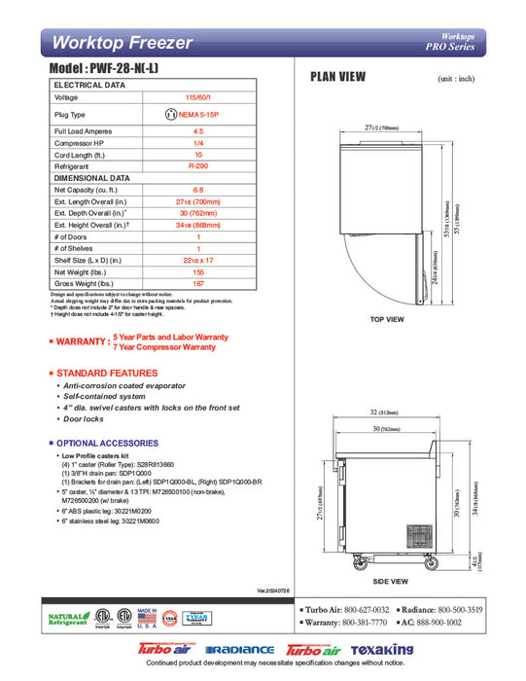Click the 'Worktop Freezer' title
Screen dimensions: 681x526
point(123,43)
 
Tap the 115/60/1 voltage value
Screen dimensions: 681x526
point(198,98)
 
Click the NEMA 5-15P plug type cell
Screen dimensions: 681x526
point(198,115)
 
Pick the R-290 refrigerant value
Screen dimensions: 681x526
point(198,167)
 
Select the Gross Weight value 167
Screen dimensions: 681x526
point(198,283)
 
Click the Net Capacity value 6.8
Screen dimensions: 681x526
point(198,190)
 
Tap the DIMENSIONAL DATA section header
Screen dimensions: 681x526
point(92,179)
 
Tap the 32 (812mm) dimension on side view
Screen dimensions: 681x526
point(388,413)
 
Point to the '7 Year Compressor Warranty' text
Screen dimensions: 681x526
point(164,346)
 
